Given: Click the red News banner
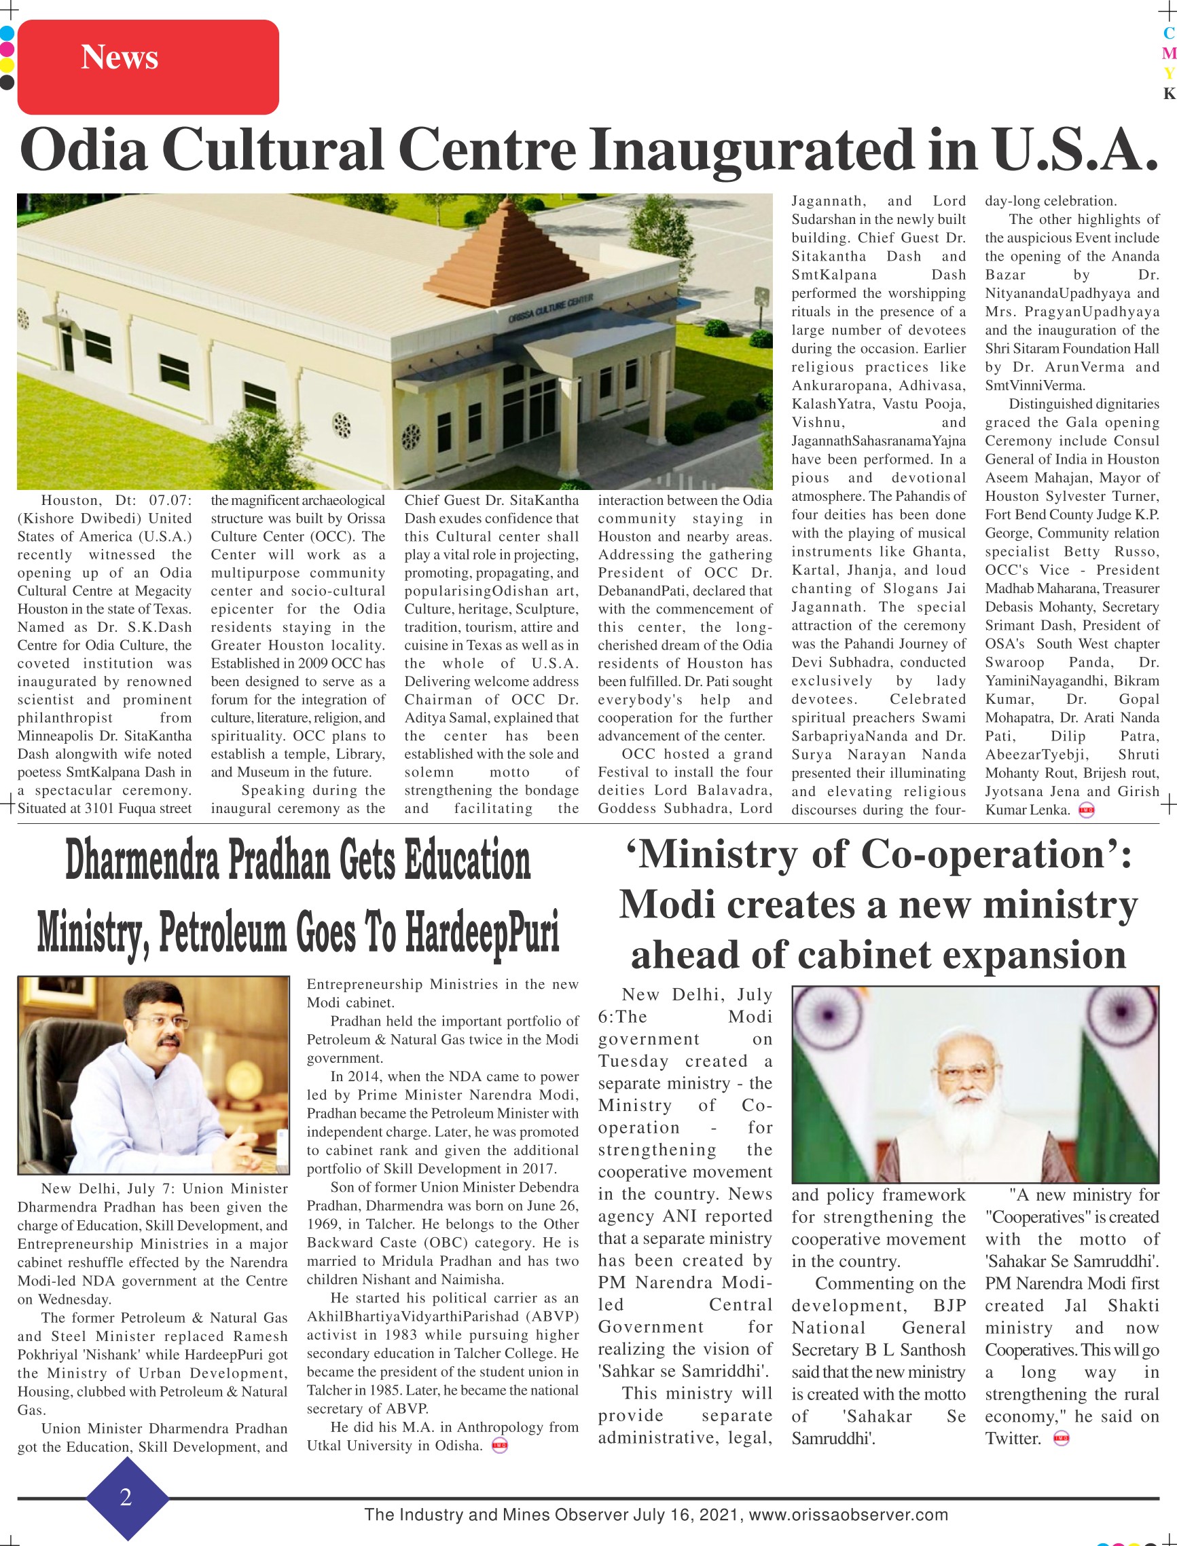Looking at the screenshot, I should tap(148, 67).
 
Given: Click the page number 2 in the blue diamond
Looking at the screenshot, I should tap(126, 1497).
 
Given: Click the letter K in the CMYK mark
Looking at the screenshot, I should tap(1169, 94).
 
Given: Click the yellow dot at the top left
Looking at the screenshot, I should tap(7, 66).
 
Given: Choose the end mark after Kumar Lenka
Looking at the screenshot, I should tap(1087, 810).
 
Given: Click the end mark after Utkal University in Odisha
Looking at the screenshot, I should tap(499, 1446).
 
